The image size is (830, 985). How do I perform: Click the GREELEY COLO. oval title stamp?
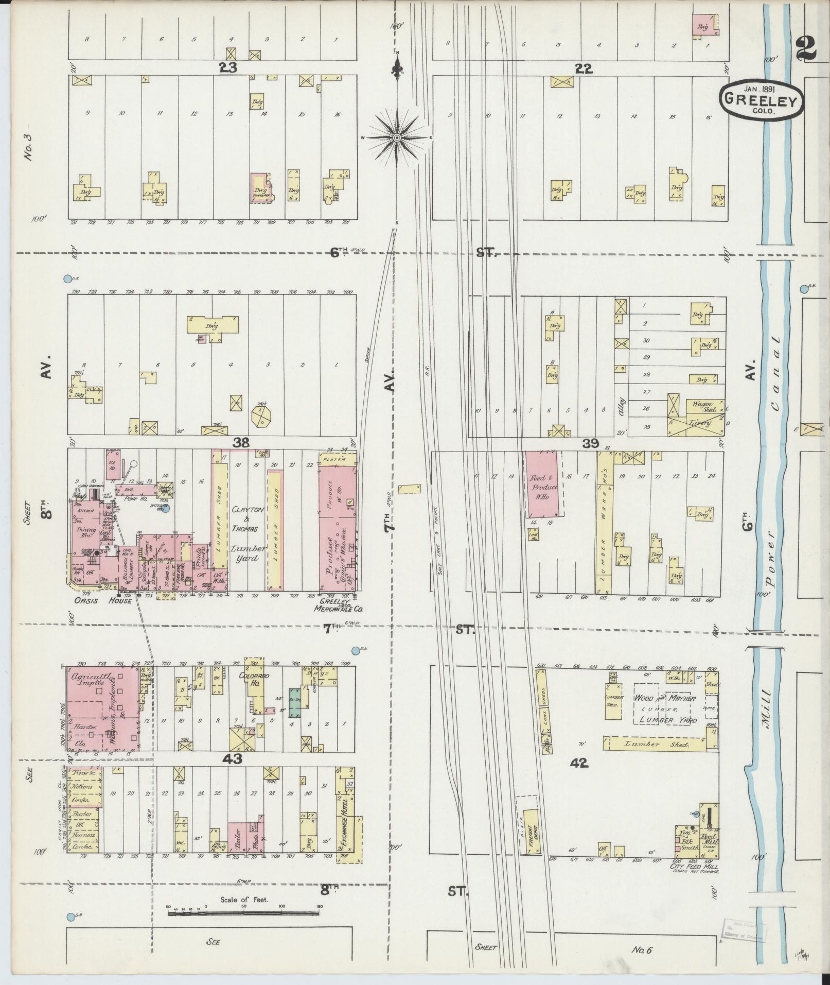click(x=761, y=99)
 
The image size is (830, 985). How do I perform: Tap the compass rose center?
click(x=397, y=138)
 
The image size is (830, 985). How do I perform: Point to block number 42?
click(x=579, y=764)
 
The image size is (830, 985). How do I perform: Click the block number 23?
click(x=227, y=67)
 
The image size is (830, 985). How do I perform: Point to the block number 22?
click(x=584, y=68)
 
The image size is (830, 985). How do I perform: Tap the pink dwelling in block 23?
click(x=260, y=187)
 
